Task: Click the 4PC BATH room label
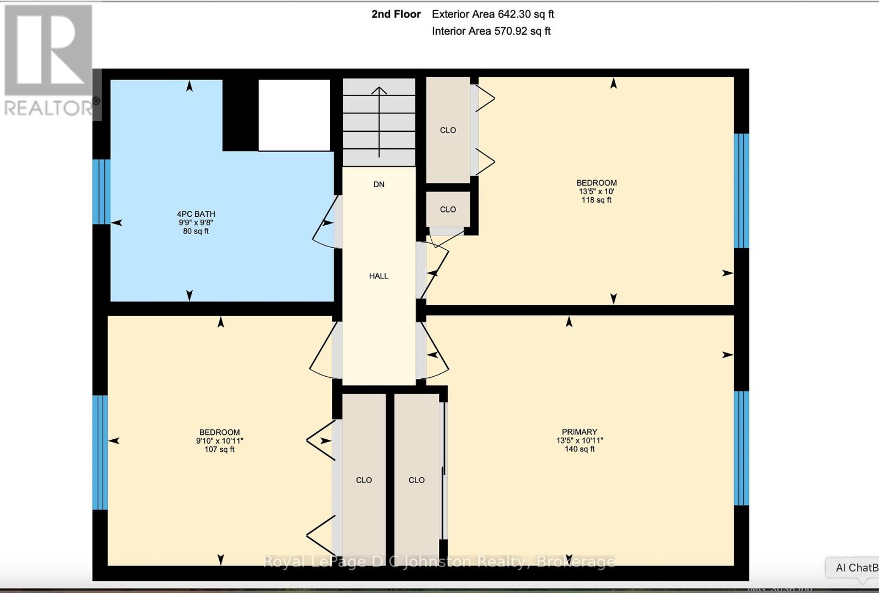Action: (x=196, y=214)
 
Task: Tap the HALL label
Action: (x=379, y=276)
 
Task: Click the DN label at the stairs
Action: (x=379, y=184)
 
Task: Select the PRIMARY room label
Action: (x=579, y=432)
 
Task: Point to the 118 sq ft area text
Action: (x=596, y=200)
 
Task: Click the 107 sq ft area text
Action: (x=219, y=449)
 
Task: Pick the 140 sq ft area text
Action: (x=579, y=449)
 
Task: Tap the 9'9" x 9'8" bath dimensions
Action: (x=196, y=223)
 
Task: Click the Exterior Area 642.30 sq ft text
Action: (x=493, y=14)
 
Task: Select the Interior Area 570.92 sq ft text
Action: (x=491, y=31)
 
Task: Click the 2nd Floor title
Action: (x=396, y=14)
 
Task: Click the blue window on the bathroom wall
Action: (x=101, y=192)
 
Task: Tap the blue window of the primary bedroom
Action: (x=741, y=448)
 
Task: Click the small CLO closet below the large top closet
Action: (x=448, y=209)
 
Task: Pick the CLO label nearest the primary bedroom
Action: (x=416, y=480)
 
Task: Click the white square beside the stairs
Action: (x=294, y=115)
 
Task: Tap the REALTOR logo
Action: (x=48, y=60)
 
